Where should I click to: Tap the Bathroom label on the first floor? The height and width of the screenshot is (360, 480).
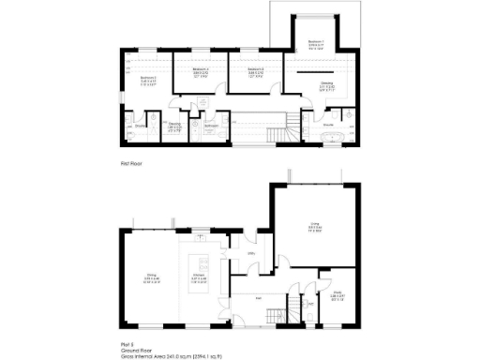(211, 125)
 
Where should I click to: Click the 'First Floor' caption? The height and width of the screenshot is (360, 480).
(129, 163)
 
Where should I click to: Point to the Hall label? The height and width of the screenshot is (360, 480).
(260, 300)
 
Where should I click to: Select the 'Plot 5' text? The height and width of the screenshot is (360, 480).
(126, 343)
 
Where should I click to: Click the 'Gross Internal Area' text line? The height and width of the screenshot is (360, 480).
(178, 355)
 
